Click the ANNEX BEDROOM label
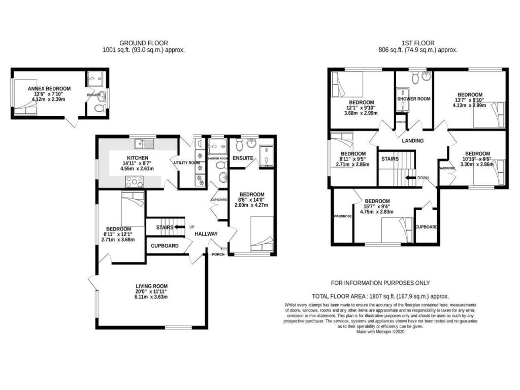click(x=49, y=88)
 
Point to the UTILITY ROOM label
click(x=187, y=162)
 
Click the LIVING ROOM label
click(x=151, y=286)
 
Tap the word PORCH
click(x=218, y=254)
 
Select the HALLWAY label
click(x=206, y=234)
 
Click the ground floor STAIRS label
click(x=165, y=227)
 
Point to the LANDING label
click(x=413, y=141)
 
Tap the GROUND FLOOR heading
click(x=143, y=43)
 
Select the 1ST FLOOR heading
click(x=417, y=43)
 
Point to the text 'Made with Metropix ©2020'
click(x=380, y=332)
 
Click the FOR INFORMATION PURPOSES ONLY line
click(x=380, y=283)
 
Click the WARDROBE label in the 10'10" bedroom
click(x=447, y=168)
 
